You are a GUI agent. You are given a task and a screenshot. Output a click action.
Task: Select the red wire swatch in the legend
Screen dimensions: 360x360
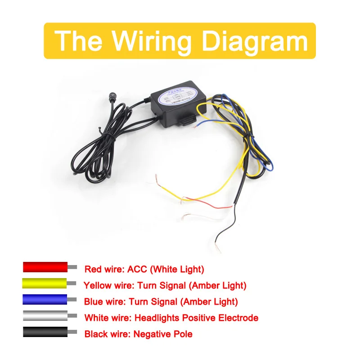(x=45, y=267)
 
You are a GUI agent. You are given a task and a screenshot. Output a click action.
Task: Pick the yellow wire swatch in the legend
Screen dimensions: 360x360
(x=45, y=283)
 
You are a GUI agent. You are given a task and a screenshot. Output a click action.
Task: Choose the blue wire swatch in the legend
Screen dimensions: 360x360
(x=45, y=300)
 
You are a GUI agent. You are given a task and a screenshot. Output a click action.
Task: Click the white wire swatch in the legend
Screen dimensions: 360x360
(x=45, y=316)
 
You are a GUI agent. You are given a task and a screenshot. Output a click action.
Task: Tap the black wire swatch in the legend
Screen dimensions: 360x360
(x=45, y=332)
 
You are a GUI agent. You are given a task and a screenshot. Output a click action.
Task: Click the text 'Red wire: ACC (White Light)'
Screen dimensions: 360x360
(x=144, y=270)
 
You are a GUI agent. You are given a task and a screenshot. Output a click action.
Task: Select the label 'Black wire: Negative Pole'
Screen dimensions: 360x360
(x=138, y=334)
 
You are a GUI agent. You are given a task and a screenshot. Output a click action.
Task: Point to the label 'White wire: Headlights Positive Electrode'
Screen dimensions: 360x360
(x=171, y=318)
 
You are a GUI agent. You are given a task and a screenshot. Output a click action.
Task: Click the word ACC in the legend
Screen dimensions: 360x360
(x=137, y=270)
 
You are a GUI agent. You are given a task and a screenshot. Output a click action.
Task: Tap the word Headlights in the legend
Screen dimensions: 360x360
(x=158, y=318)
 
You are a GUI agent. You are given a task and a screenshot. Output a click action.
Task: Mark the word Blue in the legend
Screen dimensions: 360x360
(x=93, y=301)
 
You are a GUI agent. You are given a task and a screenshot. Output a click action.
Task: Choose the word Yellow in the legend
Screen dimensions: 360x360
(x=96, y=285)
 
